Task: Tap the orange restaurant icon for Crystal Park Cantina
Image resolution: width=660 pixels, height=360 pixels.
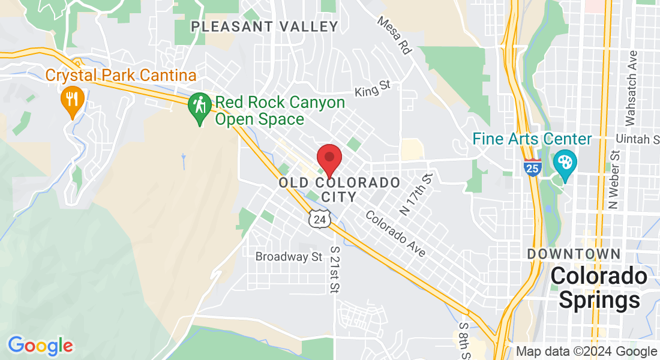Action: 73,100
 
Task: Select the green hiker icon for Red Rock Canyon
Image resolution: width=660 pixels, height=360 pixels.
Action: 199,107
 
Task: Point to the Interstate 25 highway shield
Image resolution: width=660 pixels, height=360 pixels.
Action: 532,167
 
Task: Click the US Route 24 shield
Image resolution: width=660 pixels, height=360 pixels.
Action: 319,219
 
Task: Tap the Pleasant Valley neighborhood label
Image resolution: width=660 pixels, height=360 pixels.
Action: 265,26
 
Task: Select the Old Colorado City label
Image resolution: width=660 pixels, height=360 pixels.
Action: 340,189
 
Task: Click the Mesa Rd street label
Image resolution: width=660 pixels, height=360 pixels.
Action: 395,35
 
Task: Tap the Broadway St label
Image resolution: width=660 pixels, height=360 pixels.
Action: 289,257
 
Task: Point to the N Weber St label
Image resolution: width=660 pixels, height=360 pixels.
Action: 613,185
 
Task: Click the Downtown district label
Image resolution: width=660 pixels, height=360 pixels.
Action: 574,254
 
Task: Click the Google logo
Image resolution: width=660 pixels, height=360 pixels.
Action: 41,346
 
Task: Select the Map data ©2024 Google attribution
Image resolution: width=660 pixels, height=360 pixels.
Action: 586,352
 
